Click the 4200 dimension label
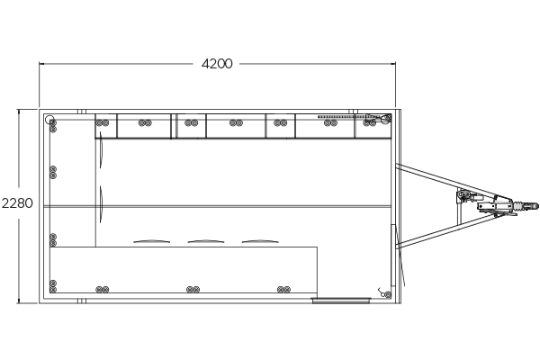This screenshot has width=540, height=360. pyautogui.click(x=216, y=64)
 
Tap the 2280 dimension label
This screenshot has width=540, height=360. pyautogui.click(x=18, y=203)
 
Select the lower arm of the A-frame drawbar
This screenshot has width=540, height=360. pyautogui.click(x=427, y=232)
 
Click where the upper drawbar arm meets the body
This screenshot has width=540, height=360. pyautogui.click(x=397, y=165)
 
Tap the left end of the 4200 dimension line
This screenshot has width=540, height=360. pyautogui.click(x=40, y=64)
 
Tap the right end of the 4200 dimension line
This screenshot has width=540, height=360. pyautogui.click(x=396, y=64)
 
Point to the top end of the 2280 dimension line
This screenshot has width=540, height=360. pyautogui.click(x=19, y=110)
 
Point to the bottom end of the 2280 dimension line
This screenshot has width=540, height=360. pyautogui.click(x=19, y=301)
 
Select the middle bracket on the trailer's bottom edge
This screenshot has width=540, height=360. pyautogui.click(x=192, y=290)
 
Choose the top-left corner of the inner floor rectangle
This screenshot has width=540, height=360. pyautogui.click(x=101, y=139)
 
